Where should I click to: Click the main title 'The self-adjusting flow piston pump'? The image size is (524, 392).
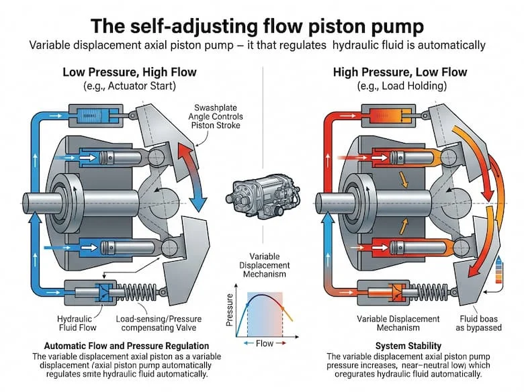click(x=261, y=27)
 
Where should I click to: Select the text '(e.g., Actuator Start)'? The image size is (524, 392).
click(x=120, y=87)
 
